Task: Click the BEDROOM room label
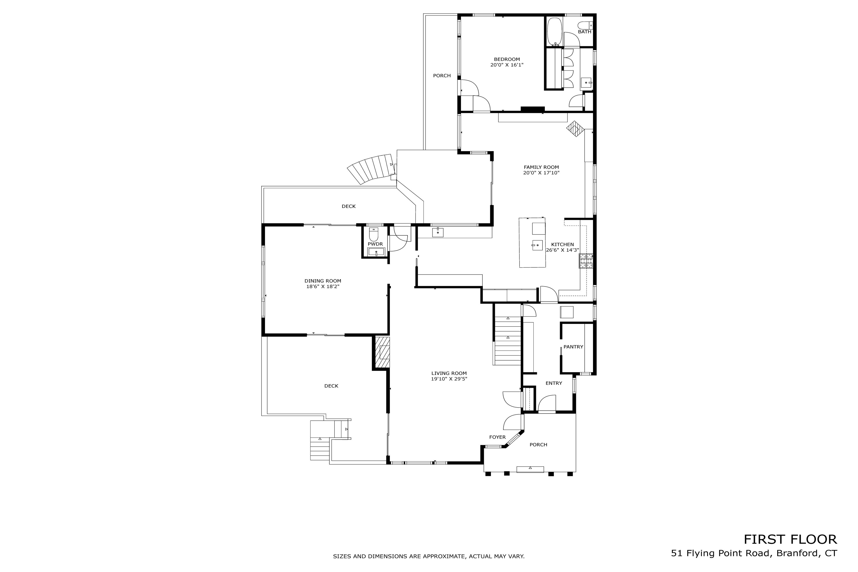[507, 59]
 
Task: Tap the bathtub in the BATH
[555, 31]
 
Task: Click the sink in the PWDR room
[376, 251]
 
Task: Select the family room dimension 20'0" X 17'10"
[541, 173]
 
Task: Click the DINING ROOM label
[323, 281]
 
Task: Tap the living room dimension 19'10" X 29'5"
[449, 379]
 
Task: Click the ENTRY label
[553, 383]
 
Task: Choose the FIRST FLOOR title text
[790, 540]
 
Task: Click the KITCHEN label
[562, 245]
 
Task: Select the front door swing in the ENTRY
[546, 404]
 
